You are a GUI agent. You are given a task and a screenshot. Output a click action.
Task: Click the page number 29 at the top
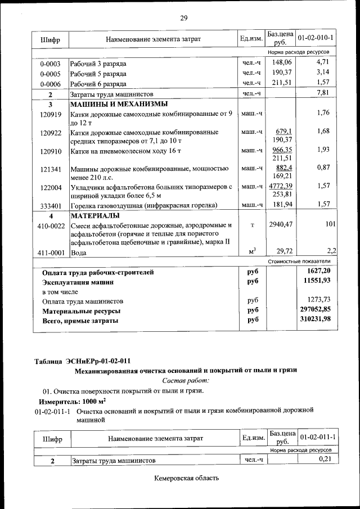point(183,19)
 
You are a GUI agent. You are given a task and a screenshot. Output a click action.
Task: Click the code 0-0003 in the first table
point(51,63)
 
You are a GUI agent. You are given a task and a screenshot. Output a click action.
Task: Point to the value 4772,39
point(281,186)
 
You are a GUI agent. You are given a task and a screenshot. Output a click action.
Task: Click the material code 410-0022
point(51,226)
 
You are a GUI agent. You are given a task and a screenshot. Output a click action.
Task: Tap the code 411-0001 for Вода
point(51,253)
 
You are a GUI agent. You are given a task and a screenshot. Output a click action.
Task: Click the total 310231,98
point(315,320)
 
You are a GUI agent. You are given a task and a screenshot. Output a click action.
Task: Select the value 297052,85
point(315,310)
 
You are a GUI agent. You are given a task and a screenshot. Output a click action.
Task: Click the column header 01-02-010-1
point(315,38)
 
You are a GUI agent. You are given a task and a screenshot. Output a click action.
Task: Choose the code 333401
point(51,206)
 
